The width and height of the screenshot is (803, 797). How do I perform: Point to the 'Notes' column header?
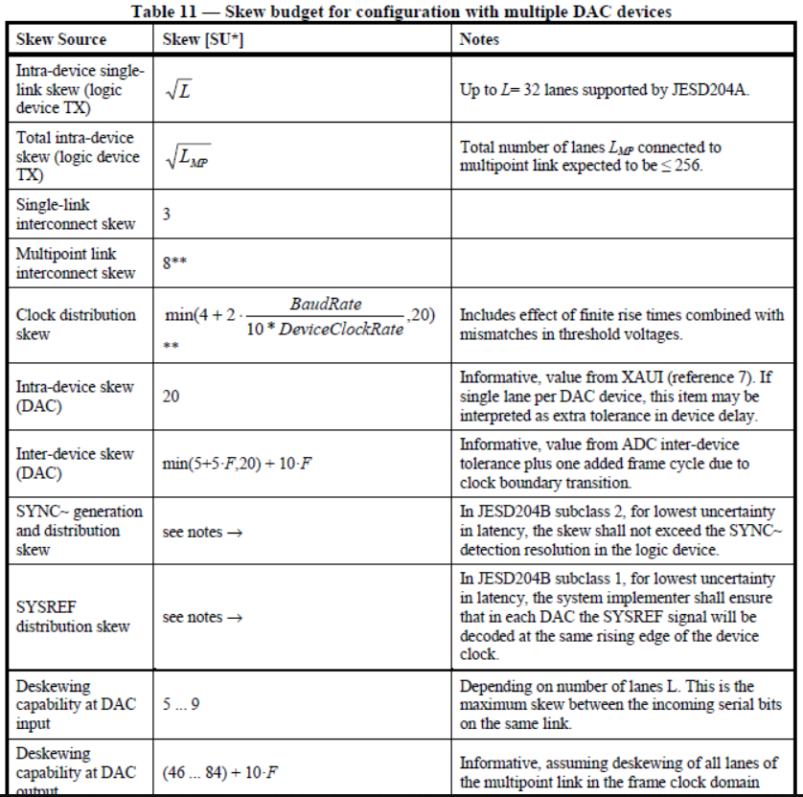[479, 39]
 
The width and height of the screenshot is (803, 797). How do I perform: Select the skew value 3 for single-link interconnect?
[167, 214]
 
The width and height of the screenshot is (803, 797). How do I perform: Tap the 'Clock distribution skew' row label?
[76, 324]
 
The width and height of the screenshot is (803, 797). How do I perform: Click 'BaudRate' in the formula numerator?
[327, 303]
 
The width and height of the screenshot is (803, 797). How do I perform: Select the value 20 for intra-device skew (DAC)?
[171, 395]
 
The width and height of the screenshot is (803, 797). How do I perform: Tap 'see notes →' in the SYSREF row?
[202, 617]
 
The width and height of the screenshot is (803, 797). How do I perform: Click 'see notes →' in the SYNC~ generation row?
[202, 532]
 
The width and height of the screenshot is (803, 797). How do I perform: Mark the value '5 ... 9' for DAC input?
[181, 705]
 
